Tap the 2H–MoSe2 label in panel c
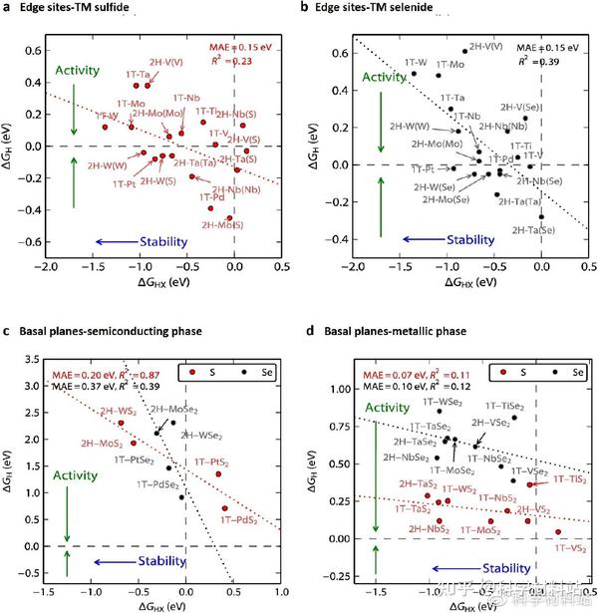176,410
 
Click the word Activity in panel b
384,77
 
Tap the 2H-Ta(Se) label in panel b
534,229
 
